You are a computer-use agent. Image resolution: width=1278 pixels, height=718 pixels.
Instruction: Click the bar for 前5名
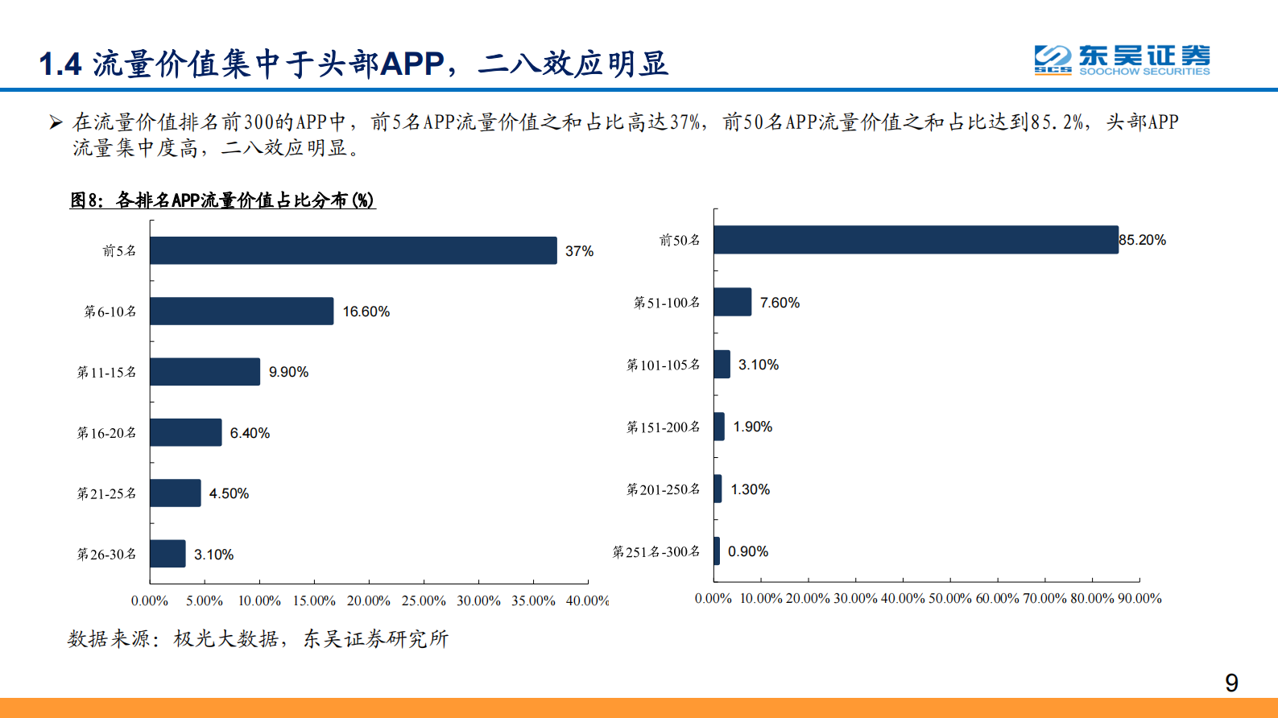tap(353, 250)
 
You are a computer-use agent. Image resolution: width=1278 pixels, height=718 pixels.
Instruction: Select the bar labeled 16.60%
tap(242, 311)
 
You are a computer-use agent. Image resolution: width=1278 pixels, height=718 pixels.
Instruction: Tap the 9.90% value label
tap(288, 372)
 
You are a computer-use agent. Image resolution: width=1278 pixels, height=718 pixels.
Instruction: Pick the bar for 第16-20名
tap(185, 432)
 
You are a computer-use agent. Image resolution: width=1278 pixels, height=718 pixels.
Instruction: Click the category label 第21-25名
tap(106, 493)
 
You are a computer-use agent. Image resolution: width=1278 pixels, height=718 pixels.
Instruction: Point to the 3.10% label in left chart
tap(213, 555)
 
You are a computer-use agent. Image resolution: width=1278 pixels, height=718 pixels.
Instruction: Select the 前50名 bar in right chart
tap(916, 240)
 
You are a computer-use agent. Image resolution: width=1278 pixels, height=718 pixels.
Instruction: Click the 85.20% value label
tap(1142, 240)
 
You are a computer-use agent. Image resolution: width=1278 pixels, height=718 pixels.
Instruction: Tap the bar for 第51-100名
tap(732, 302)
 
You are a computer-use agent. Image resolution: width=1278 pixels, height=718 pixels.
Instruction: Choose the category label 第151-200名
tap(664, 427)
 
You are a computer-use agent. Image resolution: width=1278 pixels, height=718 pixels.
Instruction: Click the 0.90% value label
tap(748, 551)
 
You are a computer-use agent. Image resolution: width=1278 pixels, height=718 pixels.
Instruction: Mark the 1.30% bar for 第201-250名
tap(718, 489)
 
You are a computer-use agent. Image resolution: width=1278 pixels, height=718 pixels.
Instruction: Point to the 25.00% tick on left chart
tap(424, 600)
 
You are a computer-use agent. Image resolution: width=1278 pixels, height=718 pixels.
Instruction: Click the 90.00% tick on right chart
tap(1139, 598)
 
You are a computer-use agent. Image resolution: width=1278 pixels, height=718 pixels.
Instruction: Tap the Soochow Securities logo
tap(1122, 60)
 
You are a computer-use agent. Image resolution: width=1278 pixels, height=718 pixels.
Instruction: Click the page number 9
tap(1231, 683)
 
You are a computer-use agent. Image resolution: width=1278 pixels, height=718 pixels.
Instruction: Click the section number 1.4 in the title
tap(60, 64)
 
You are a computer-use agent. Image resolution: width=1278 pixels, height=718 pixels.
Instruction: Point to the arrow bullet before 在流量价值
tap(56, 122)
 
